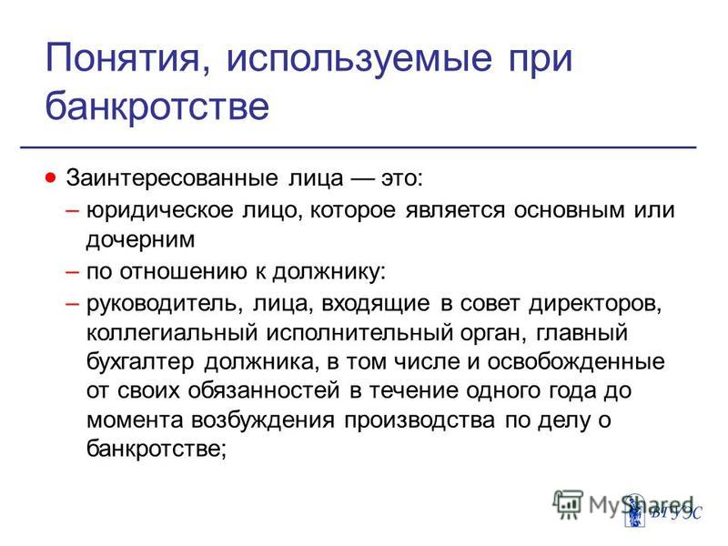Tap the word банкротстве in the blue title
157,106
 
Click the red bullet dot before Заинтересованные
51,177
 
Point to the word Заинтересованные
172,177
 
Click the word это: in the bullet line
402,178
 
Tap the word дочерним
140,240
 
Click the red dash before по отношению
73,271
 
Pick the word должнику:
329,271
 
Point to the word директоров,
595,304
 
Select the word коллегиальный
172,333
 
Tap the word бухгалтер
140,361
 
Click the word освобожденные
576,362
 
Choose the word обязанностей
264,391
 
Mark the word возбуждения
263,420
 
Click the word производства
420,420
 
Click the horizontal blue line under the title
359,147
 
